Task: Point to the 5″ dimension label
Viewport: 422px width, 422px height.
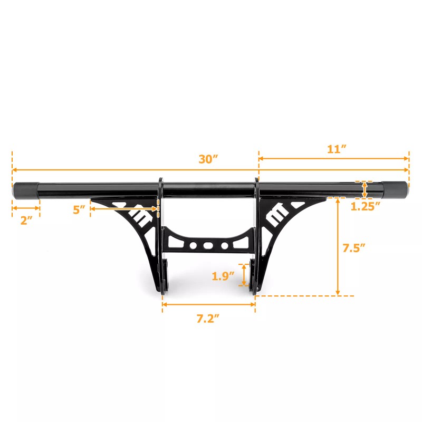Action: coord(80,209)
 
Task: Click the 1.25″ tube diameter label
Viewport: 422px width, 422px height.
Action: coord(366,206)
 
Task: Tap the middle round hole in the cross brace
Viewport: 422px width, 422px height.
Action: coord(209,246)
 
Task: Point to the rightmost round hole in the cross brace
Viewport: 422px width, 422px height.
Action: coord(225,246)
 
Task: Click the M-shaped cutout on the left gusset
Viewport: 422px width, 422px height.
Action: coord(139,217)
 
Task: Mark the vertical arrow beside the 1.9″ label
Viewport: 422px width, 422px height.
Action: coord(244,275)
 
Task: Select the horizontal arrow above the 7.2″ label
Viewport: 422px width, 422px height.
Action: coord(209,304)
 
